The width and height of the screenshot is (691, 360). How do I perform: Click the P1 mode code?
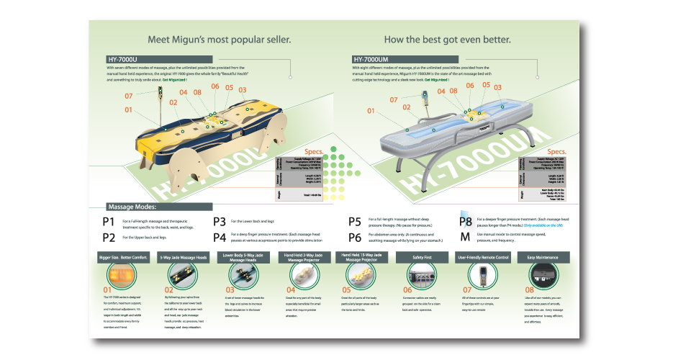click(109, 221)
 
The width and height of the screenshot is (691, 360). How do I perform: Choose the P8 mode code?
click(466, 221)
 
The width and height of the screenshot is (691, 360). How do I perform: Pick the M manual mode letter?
click(465, 236)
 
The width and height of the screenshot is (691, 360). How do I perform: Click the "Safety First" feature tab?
click(423, 257)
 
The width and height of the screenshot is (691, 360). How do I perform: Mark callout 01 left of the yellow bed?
click(130, 109)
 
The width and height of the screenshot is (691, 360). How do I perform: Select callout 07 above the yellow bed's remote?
click(130, 95)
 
